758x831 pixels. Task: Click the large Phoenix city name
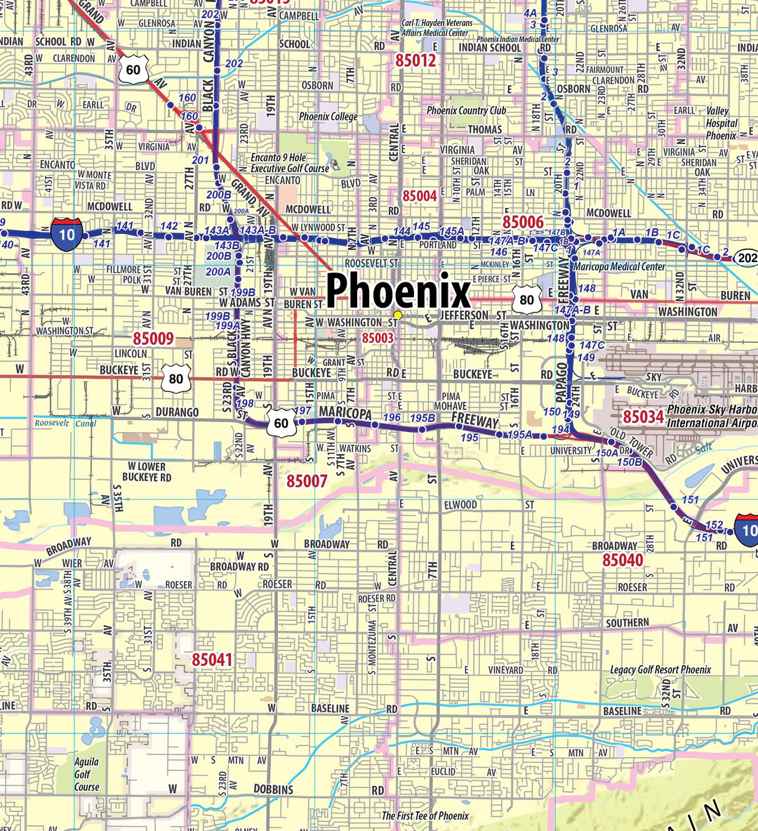(x=398, y=290)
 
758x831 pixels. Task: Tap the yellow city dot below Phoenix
(x=398, y=314)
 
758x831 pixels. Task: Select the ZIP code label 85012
(x=415, y=60)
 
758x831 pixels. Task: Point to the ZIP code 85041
(x=212, y=660)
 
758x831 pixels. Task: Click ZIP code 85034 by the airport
(x=643, y=417)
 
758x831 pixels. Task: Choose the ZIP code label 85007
(x=307, y=481)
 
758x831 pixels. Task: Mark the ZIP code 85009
(x=153, y=339)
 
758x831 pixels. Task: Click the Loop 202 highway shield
(x=747, y=258)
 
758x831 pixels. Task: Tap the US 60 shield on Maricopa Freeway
(x=281, y=423)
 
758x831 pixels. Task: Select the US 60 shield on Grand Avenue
(x=133, y=70)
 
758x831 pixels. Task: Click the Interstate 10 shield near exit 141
(x=67, y=235)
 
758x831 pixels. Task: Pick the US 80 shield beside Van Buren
(x=526, y=300)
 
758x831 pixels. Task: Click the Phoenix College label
(x=328, y=116)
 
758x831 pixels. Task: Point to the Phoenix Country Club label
(x=466, y=110)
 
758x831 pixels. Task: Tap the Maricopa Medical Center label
(x=619, y=267)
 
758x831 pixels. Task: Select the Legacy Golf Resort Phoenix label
(x=660, y=669)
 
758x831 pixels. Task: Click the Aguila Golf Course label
(x=87, y=774)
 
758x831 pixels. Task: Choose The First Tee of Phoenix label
(x=425, y=816)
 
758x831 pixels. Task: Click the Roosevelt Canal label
(x=65, y=424)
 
